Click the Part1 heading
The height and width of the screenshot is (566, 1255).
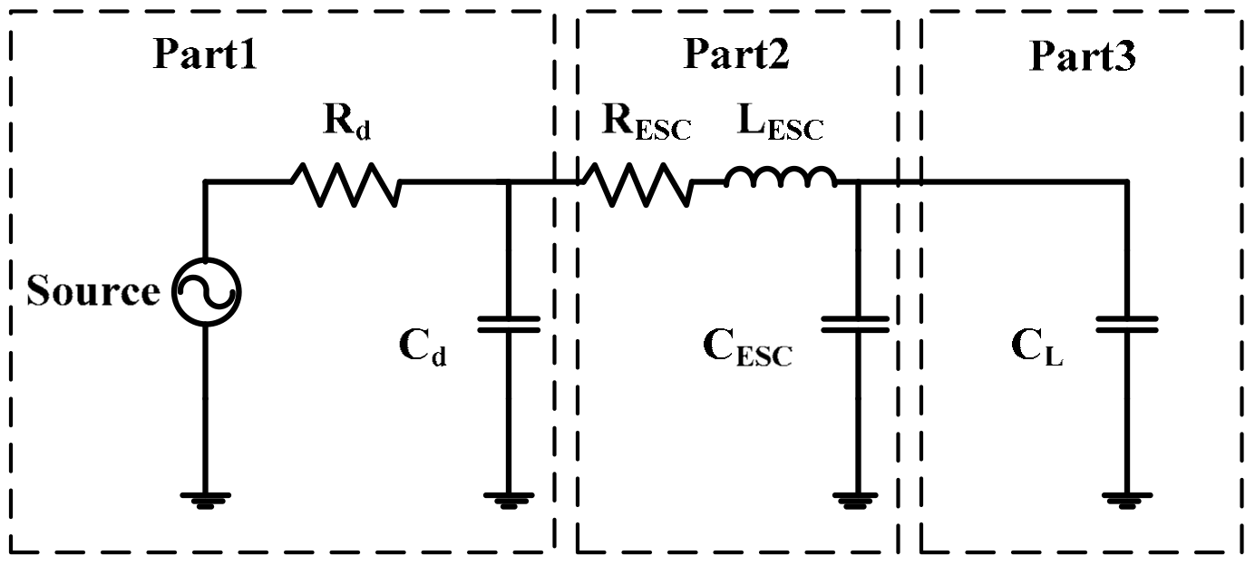tap(205, 55)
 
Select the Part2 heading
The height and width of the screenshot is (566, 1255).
tap(735, 55)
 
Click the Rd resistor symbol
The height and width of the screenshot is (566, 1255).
tap(345, 184)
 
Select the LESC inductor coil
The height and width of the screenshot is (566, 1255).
tap(781, 179)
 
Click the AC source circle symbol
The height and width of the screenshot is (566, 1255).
tap(206, 292)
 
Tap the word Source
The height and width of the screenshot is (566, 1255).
tap(92, 292)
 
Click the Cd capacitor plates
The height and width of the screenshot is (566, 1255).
tap(508, 324)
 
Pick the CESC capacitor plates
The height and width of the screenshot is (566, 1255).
tap(856, 324)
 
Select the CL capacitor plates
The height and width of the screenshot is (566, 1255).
tap(1127, 324)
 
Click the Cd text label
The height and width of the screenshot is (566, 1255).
tap(423, 347)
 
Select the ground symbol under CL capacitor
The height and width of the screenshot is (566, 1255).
tap(1127, 497)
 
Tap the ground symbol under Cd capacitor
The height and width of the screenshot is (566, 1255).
tap(508, 497)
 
